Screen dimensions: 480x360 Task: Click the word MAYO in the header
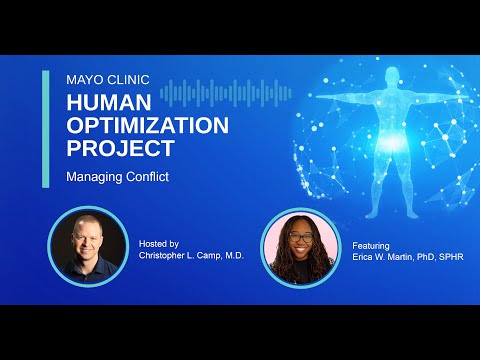point(85,80)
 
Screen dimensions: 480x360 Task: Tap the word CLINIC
point(128,80)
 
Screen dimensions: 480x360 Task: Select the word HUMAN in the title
point(109,102)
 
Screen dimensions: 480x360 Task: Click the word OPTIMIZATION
point(148,125)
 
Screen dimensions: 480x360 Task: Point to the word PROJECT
point(121,148)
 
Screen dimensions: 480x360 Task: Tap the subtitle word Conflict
point(148,176)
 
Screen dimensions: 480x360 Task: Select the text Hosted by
point(159,244)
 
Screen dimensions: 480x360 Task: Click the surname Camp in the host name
point(209,256)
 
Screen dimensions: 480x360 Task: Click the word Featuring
point(371,246)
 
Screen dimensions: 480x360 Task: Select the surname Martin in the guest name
point(399,257)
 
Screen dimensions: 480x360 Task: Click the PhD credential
point(424,257)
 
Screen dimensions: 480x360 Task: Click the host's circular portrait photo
point(88,246)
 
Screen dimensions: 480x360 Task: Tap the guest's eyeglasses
point(301,237)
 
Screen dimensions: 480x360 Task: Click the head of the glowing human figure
point(392,75)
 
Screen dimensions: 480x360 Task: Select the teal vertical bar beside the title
point(46,129)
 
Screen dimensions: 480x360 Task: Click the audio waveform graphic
point(226,93)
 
